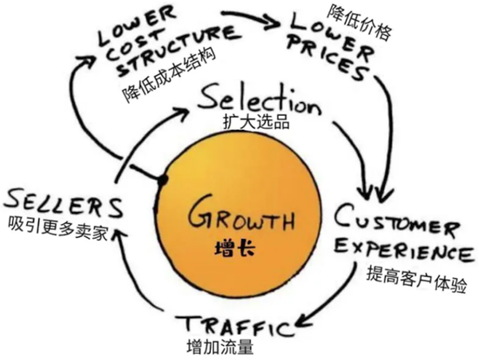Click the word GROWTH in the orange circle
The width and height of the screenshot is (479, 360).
(x=240, y=214)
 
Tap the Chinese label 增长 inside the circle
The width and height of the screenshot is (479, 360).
(x=238, y=248)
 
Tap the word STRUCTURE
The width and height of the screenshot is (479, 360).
(x=162, y=62)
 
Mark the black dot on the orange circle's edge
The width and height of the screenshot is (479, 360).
(x=162, y=180)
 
